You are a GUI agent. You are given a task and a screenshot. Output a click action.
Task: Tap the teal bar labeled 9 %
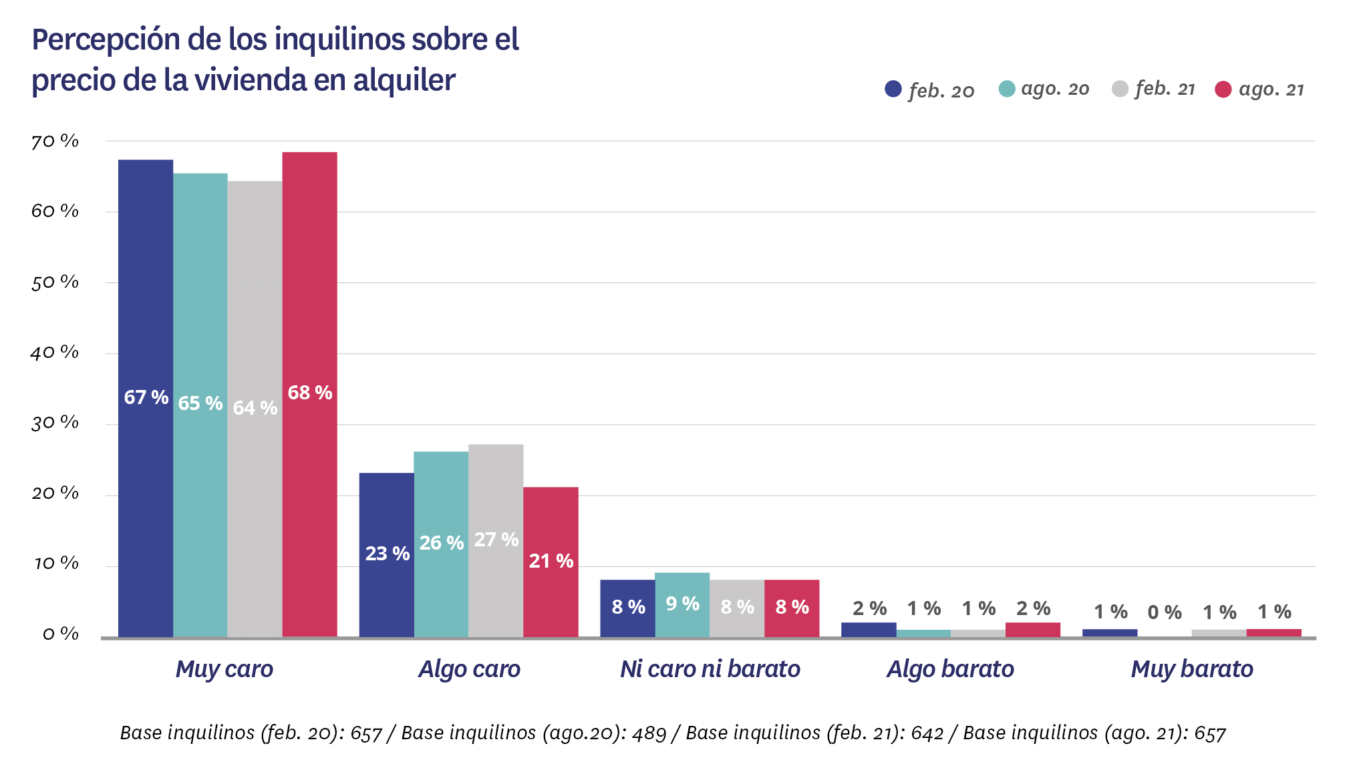(682, 604)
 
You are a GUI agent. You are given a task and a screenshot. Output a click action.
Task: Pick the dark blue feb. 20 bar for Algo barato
(869, 630)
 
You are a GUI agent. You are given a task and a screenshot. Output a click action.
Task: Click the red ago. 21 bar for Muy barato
(1273, 633)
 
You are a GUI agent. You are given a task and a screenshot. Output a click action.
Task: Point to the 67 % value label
(146, 397)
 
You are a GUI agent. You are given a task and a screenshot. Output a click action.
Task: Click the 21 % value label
(551, 561)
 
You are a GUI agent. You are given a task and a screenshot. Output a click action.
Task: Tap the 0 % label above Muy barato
(1165, 612)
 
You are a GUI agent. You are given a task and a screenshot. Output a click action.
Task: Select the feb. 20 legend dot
(893, 89)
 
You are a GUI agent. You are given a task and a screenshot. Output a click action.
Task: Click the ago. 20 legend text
(1055, 89)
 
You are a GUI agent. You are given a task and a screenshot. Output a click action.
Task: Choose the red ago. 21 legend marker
(1223, 89)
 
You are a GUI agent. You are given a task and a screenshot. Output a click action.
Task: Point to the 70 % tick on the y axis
(55, 142)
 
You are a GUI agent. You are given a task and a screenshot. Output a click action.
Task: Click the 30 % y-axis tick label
(55, 423)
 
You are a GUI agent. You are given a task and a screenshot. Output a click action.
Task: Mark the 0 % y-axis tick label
(60, 634)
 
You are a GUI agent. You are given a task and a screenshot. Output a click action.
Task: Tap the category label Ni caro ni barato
(710, 669)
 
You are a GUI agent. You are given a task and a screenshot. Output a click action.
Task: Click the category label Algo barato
(950, 669)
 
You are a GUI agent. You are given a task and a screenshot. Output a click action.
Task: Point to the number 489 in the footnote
(649, 733)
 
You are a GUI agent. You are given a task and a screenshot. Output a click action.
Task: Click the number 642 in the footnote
(927, 733)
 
